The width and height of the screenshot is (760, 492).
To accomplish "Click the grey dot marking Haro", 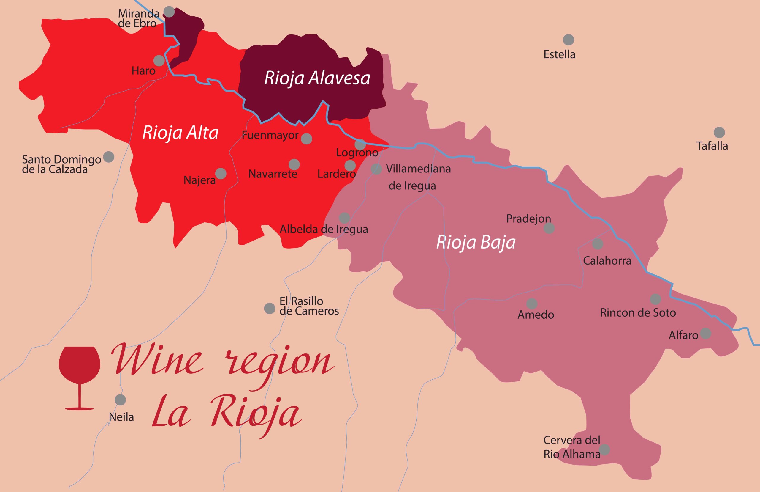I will click(159, 60).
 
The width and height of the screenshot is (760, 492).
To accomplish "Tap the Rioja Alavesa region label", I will click(317, 78).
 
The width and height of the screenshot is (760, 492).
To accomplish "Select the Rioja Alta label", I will click(180, 133).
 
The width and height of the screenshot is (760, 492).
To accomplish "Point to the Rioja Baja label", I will click(475, 242).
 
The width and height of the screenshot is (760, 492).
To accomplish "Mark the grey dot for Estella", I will click(568, 40).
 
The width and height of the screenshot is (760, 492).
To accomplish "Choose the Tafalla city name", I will click(712, 146).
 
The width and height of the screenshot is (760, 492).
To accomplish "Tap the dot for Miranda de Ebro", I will click(169, 12).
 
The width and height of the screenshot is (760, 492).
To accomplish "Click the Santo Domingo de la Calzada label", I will click(61, 164).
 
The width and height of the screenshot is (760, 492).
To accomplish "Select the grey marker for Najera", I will click(221, 174).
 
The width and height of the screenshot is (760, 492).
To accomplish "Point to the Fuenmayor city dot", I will click(306, 139).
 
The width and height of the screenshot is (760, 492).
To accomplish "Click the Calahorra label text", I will click(607, 261).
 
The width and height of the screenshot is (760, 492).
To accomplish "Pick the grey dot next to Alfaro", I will click(705, 333).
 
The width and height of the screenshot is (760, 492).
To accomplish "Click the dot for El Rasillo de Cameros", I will click(270, 308).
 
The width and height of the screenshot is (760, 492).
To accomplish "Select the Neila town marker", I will click(120, 400).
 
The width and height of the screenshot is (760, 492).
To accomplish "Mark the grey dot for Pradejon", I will click(549, 228).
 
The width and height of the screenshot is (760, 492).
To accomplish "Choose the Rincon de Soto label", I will click(637, 313).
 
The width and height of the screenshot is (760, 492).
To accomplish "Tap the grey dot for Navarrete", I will click(294, 164).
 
